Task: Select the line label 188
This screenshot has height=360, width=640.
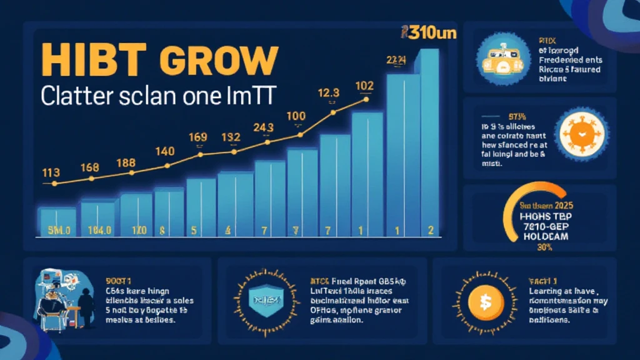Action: click(127, 162)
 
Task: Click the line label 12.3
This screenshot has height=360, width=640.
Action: click(328, 93)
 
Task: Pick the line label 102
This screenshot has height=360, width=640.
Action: click(364, 86)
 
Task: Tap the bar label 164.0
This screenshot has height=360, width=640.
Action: click(98, 230)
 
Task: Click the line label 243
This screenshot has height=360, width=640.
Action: click(264, 127)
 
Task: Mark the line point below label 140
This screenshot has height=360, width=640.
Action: click(167, 166)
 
